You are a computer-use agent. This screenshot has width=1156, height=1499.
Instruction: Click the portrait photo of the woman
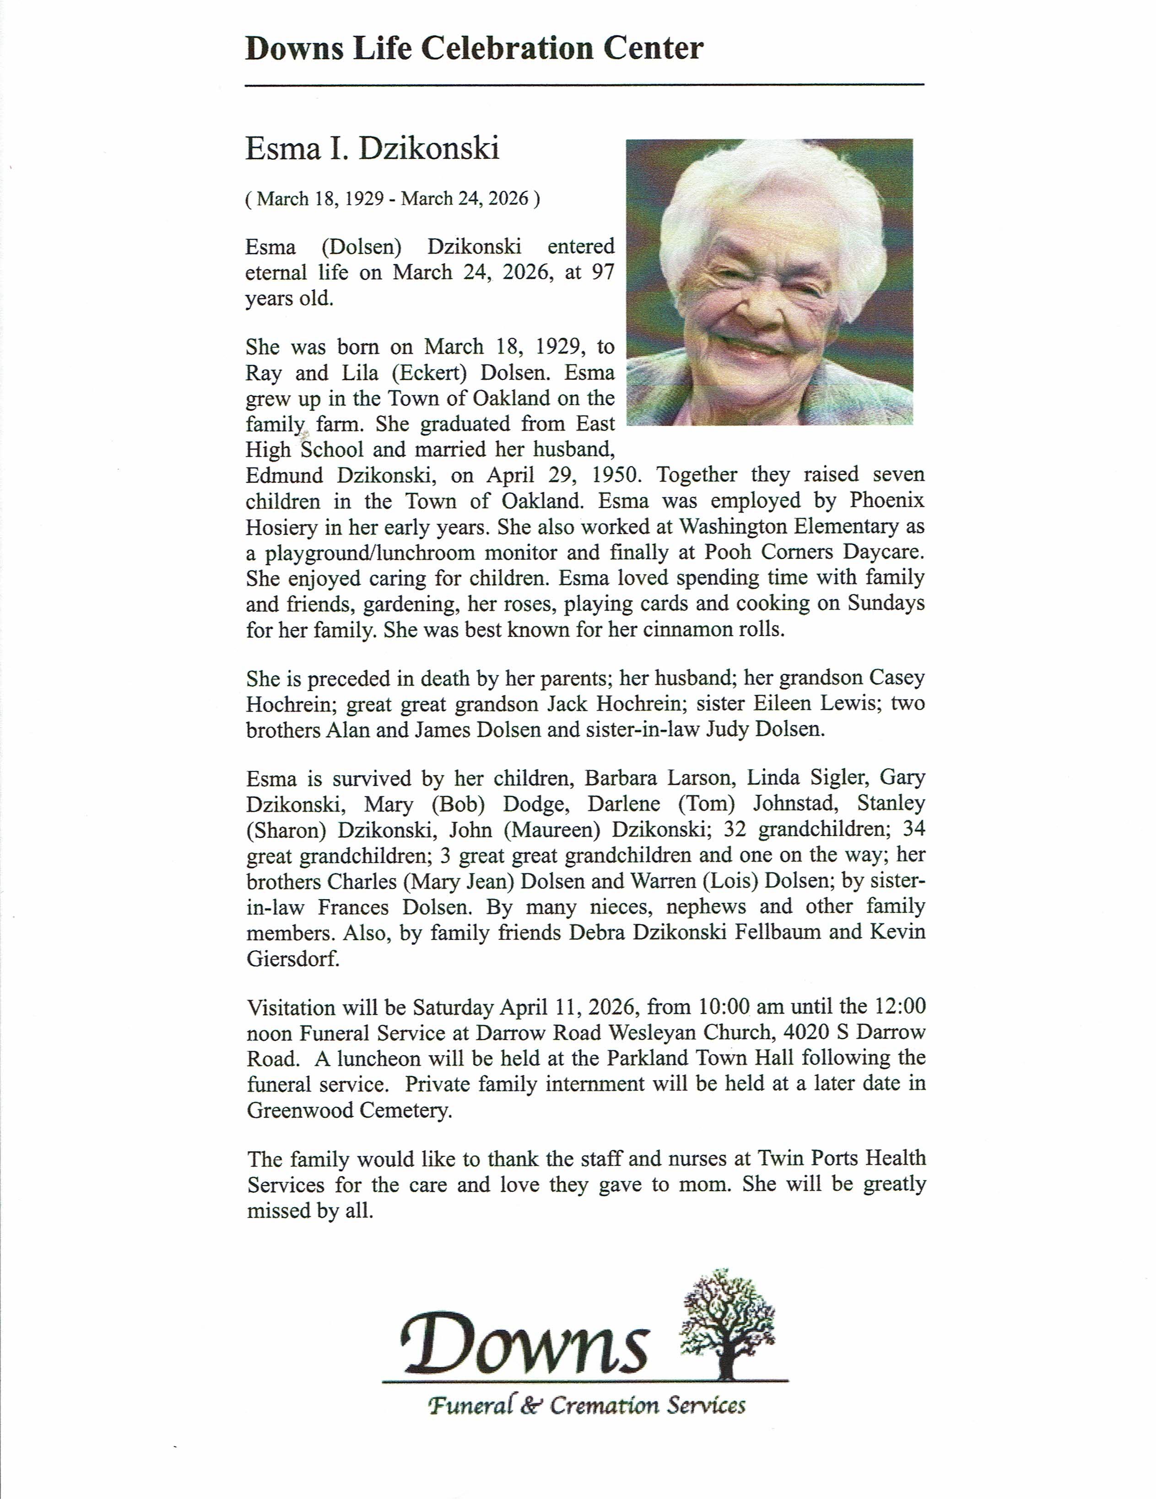(x=769, y=281)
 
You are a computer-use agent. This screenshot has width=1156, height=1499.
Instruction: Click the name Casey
(x=897, y=678)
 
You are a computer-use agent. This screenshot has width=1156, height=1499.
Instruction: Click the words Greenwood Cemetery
(x=350, y=1110)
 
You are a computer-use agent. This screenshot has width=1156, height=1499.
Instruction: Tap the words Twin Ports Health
(x=841, y=1159)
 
